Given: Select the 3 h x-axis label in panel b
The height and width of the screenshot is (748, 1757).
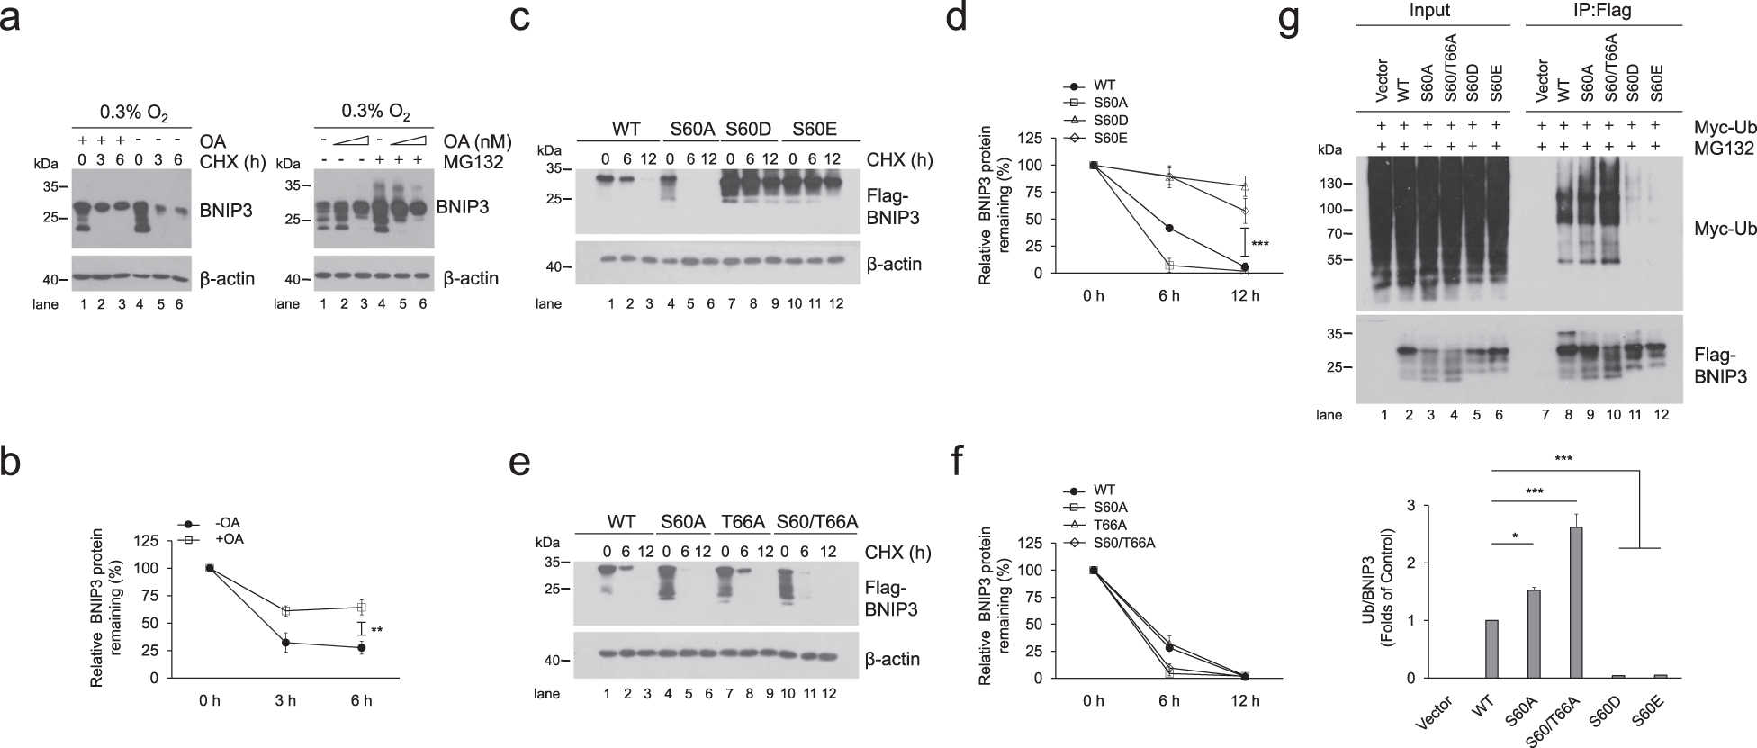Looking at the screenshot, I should (x=285, y=701).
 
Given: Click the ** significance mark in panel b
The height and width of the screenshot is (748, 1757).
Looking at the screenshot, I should (x=377, y=630).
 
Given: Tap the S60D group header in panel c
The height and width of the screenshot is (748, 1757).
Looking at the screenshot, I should (x=745, y=129).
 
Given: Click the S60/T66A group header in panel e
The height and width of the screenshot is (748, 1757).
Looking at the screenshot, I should (x=816, y=522).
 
